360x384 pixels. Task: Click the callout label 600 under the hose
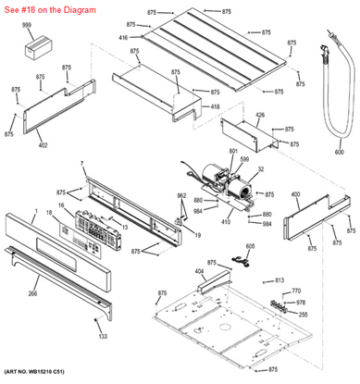click(339, 152)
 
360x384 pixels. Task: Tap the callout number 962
click(181, 195)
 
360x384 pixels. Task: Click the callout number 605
click(249, 247)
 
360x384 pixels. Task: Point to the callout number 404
click(199, 270)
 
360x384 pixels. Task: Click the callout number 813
click(280, 279)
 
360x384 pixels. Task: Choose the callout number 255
click(304, 313)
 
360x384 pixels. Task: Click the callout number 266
click(32, 293)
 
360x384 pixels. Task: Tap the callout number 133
click(103, 336)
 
